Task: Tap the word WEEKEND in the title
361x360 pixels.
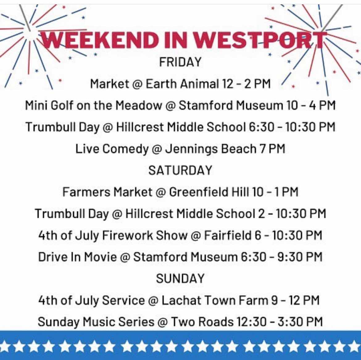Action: [100, 40]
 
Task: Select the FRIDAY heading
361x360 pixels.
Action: [180, 62]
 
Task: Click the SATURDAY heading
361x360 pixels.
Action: [180, 170]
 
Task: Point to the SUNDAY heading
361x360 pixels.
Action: [180, 279]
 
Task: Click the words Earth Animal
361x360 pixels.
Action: [182, 84]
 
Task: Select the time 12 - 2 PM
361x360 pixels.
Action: [247, 84]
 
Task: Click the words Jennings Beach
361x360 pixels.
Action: [211, 149]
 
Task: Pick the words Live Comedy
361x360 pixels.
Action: [112, 149]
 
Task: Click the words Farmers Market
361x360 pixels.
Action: [107, 192]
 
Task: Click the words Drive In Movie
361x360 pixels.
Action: [77, 257]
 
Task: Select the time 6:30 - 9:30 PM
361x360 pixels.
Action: [281, 257]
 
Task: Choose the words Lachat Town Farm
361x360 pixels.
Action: [214, 300]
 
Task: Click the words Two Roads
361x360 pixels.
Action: [202, 322]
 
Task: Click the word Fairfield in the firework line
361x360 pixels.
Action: [228, 235]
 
